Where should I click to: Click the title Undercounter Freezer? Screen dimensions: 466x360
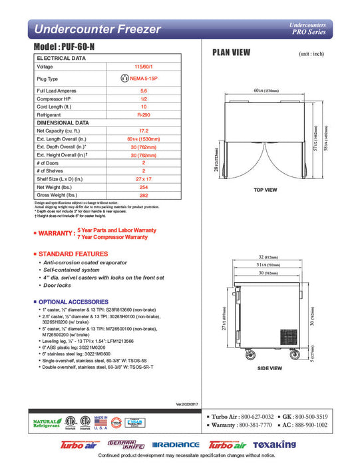pos(97,29)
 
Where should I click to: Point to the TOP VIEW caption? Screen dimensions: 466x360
pos(266,190)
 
